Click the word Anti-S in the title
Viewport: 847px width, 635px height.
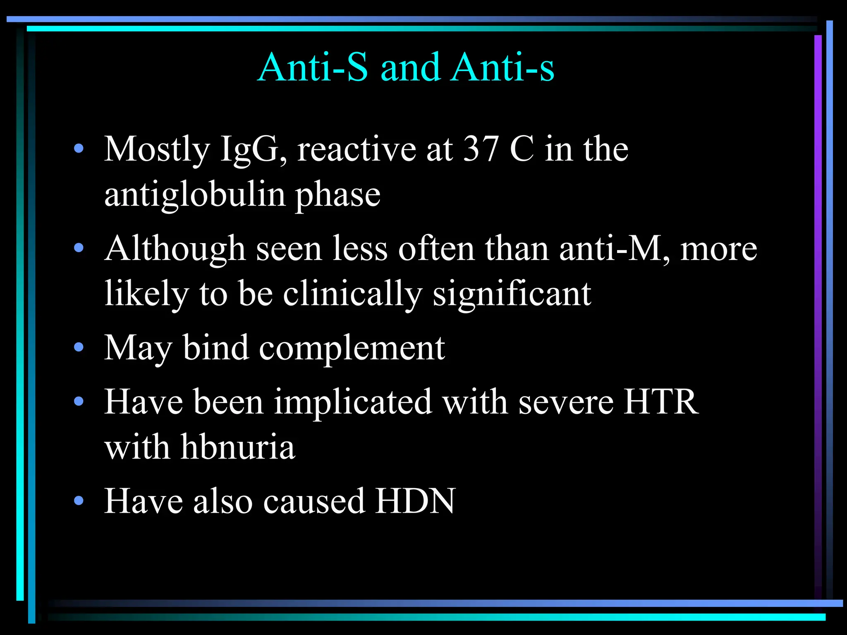313,67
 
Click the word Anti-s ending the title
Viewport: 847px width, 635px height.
503,67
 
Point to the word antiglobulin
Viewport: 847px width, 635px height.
195,195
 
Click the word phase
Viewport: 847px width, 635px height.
337,196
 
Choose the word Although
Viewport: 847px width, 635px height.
175,249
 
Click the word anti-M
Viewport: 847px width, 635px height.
614,249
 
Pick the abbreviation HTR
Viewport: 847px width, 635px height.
661,402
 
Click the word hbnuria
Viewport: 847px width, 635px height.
238,447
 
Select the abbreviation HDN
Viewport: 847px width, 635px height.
415,501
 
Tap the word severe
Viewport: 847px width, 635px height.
566,403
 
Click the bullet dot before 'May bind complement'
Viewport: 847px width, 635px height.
79,347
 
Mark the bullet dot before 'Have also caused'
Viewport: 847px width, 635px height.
79,501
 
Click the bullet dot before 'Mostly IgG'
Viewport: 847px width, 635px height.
79,148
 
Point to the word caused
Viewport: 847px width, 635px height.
314,501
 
